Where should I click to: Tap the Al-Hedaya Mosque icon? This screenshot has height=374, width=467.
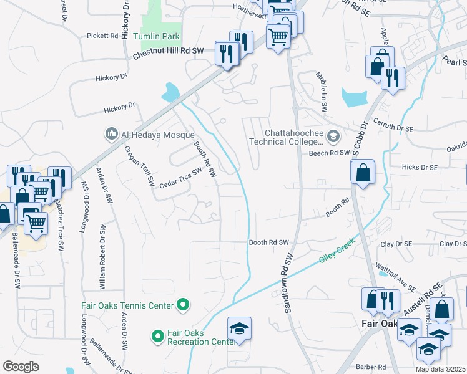[x=112, y=134]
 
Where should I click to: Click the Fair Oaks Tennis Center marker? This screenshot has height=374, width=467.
[x=183, y=305]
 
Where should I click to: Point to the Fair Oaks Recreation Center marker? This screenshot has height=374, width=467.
[x=158, y=337]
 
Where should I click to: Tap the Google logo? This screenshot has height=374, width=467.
[x=21, y=367]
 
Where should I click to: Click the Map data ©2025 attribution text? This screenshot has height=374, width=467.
[x=440, y=369]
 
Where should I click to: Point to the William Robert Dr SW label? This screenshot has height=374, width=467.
[x=102, y=256]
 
